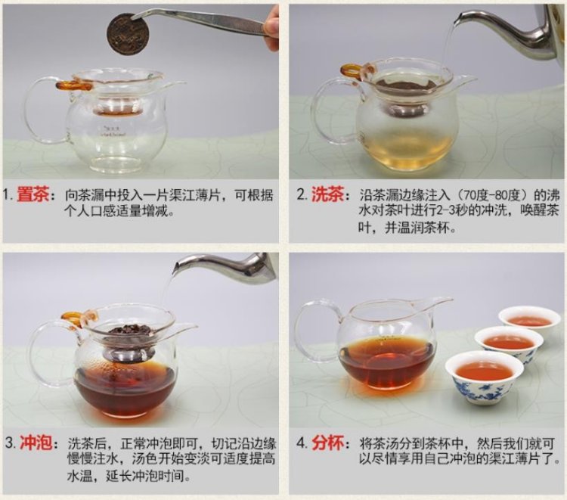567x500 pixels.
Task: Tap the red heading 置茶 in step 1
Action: [33, 195]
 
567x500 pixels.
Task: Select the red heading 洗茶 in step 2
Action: [327, 195]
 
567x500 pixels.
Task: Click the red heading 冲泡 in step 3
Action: [36, 443]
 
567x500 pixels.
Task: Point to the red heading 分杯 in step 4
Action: [328, 443]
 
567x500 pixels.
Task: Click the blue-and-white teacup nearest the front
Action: [484, 377]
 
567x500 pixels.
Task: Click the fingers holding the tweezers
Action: [271, 30]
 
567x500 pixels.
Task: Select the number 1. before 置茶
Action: [8, 196]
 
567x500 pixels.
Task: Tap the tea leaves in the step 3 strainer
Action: [129, 330]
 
